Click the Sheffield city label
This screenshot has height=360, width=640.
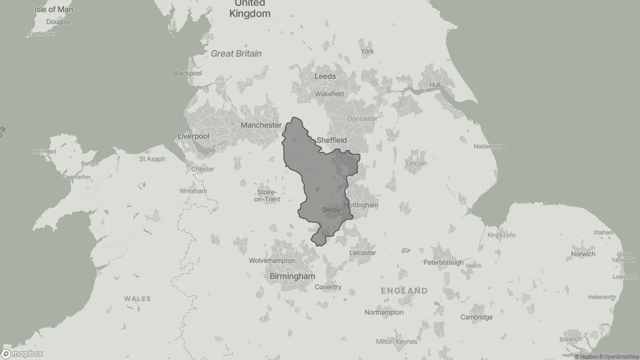pyautogui.click(x=331, y=140)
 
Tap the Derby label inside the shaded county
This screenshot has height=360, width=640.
pyautogui.click(x=331, y=210)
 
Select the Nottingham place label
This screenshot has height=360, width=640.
pyautogui.click(x=361, y=205)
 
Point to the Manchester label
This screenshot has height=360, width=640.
pyautogui.click(x=261, y=125)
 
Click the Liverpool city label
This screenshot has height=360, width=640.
pyautogui.click(x=193, y=136)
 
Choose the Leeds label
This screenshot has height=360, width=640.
pyautogui.click(x=325, y=76)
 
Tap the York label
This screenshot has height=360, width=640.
pyautogui.click(x=367, y=51)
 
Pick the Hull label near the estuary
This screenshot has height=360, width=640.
pyautogui.click(x=435, y=84)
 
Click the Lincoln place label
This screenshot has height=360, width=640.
pyautogui.click(x=416, y=163)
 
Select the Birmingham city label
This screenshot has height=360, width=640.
pyautogui.click(x=292, y=276)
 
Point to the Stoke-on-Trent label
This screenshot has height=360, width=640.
pyautogui.click(x=267, y=196)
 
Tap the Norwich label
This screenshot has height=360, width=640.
pyautogui.click(x=583, y=254)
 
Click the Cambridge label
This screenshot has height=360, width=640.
pyautogui.click(x=476, y=317)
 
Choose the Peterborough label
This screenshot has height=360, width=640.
pyautogui.click(x=443, y=262)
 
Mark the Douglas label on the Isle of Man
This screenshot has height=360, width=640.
pyautogui.click(x=58, y=22)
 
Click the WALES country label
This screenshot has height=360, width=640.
pyautogui.click(x=137, y=299)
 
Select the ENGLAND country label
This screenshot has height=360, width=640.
pyautogui.click(x=404, y=290)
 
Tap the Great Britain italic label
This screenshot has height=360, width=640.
pyautogui.click(x=236, y=53)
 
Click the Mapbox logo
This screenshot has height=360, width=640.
pyautogui.click(x=22, y=353)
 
